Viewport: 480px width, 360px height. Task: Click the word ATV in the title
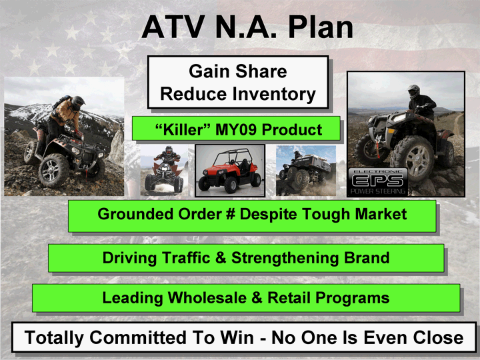coord(173,27)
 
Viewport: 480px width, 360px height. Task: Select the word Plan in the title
coord(321,27)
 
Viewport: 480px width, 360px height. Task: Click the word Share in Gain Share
coord(261,71)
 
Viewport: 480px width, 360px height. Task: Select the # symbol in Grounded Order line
coord(230,214)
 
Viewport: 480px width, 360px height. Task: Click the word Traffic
coord(186,258)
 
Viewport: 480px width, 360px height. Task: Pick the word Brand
coord(367,258)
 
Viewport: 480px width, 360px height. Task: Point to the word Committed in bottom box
coord(137,337)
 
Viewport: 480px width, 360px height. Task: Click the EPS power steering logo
coord(378,182)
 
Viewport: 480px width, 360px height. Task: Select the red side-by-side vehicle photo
coord(230,171)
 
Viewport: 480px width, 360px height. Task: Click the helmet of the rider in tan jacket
coord(77,103)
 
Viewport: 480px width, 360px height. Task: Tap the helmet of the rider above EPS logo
coord(413,91)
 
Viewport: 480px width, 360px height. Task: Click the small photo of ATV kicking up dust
coord(306,171)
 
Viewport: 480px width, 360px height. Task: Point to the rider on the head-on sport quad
coord(168,156)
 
